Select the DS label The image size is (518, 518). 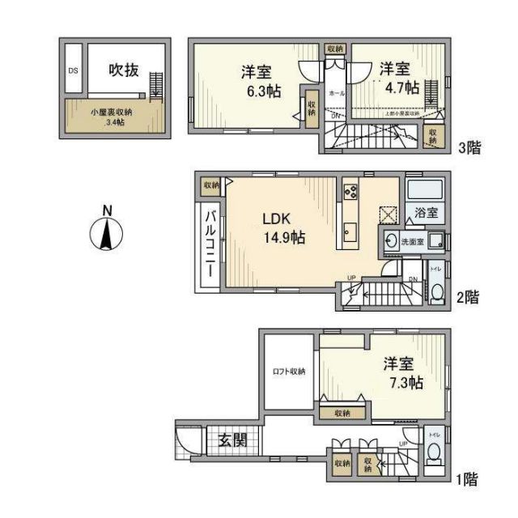[72, 70]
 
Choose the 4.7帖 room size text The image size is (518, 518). [401, 87]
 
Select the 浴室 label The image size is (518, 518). [427, 214]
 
